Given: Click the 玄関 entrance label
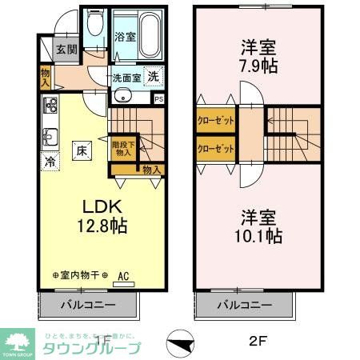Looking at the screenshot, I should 66,49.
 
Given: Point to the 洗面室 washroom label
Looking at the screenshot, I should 126,78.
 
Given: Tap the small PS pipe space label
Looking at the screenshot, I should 158,99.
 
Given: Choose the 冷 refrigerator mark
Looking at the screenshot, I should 50,161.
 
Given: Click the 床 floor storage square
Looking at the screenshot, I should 82,149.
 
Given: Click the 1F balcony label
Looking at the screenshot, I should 89,305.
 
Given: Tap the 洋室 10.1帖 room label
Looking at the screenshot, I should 258,226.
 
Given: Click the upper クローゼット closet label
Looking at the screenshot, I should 216,122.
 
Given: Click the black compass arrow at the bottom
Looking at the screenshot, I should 182,346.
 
